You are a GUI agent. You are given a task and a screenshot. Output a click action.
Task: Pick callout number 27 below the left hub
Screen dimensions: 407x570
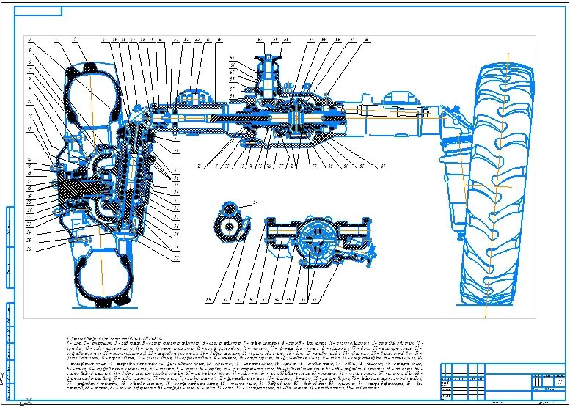(176, 258)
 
